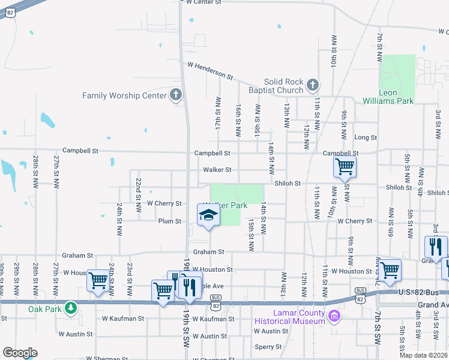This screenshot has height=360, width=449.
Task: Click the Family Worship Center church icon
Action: coord(175,95)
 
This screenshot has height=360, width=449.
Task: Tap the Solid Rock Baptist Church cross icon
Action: coord(312,85)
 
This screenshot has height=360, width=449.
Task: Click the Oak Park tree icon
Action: coord(71,308)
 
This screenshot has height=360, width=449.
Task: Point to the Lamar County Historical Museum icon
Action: coord(334,314)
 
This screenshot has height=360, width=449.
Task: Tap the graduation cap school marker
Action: coord(207,216)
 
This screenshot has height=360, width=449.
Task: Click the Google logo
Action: coord(20,353)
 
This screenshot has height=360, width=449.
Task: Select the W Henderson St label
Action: coord(210,70)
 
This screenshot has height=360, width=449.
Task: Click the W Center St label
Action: coord(208,2)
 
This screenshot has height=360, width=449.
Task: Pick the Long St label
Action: coord(366,137)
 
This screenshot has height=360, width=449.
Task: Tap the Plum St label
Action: coord(170,221)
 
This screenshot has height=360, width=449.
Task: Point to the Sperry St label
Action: coord(268,347)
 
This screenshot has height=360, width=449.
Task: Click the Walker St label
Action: coord(217,170)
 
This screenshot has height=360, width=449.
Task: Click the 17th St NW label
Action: coord(218,113)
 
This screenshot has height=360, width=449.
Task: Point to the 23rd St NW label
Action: coord(129,273)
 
